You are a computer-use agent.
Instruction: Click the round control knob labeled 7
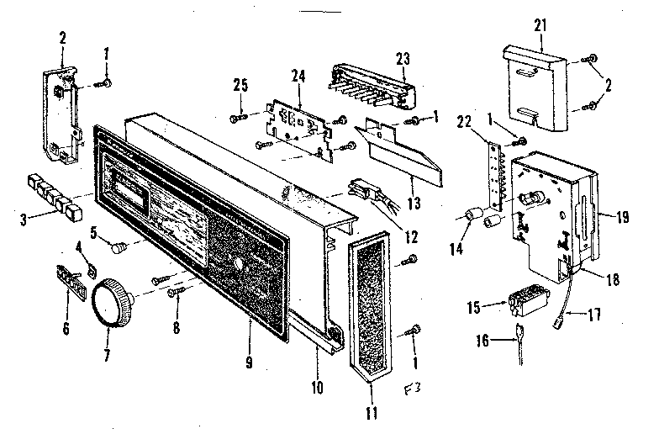(x=113, y=303)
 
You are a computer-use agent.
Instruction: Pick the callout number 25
(x=241, y=86)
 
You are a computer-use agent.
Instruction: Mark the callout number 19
(x=622, y=216)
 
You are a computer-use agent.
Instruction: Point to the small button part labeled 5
(x=121, y=247)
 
